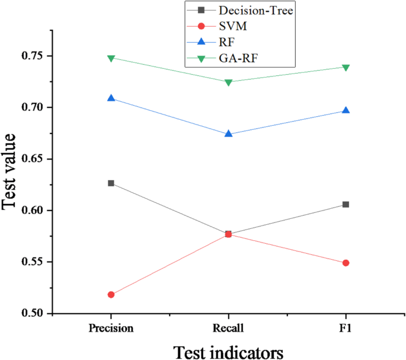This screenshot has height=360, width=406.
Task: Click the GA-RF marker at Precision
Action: (111, 58)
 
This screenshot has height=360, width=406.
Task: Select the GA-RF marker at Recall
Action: (228, 82)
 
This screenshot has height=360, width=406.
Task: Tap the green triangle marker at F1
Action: (346, 67)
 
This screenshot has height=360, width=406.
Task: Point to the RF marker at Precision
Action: (111, 98)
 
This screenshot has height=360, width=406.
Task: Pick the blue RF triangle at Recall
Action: (228, 133)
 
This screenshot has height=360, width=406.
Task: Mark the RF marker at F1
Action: (346, 110)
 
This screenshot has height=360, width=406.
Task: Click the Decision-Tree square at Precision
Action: (111, 183)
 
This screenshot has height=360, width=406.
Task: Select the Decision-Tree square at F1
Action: (346, 205)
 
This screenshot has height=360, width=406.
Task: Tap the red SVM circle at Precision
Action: (111, 295)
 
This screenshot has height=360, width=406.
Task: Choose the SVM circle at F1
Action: (346, 263)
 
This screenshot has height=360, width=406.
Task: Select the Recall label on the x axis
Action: (228, 328)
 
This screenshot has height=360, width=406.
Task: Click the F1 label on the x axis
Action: (346, 328)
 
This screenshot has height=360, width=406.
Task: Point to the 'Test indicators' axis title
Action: (228, 351)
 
